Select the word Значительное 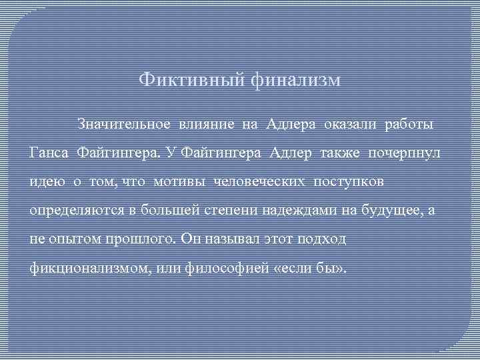pyautogui.click(x=123, y=124)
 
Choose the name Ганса pyautogui.click(x=50, y=153)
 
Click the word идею pyautogui.click(x=45, y=181)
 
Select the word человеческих pyautogui.click(x=256, y=181)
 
